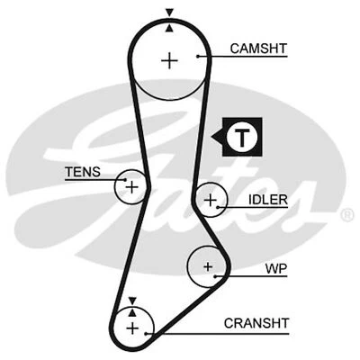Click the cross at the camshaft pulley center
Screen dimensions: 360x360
click(169, 60)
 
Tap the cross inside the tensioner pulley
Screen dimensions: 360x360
click(131, 187)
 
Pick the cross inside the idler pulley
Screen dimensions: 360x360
click(210, 201)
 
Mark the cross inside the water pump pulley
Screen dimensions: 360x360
click(207, 266)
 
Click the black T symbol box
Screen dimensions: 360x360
click(240, 136)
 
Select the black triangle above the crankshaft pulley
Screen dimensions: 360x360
click(133, 300)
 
